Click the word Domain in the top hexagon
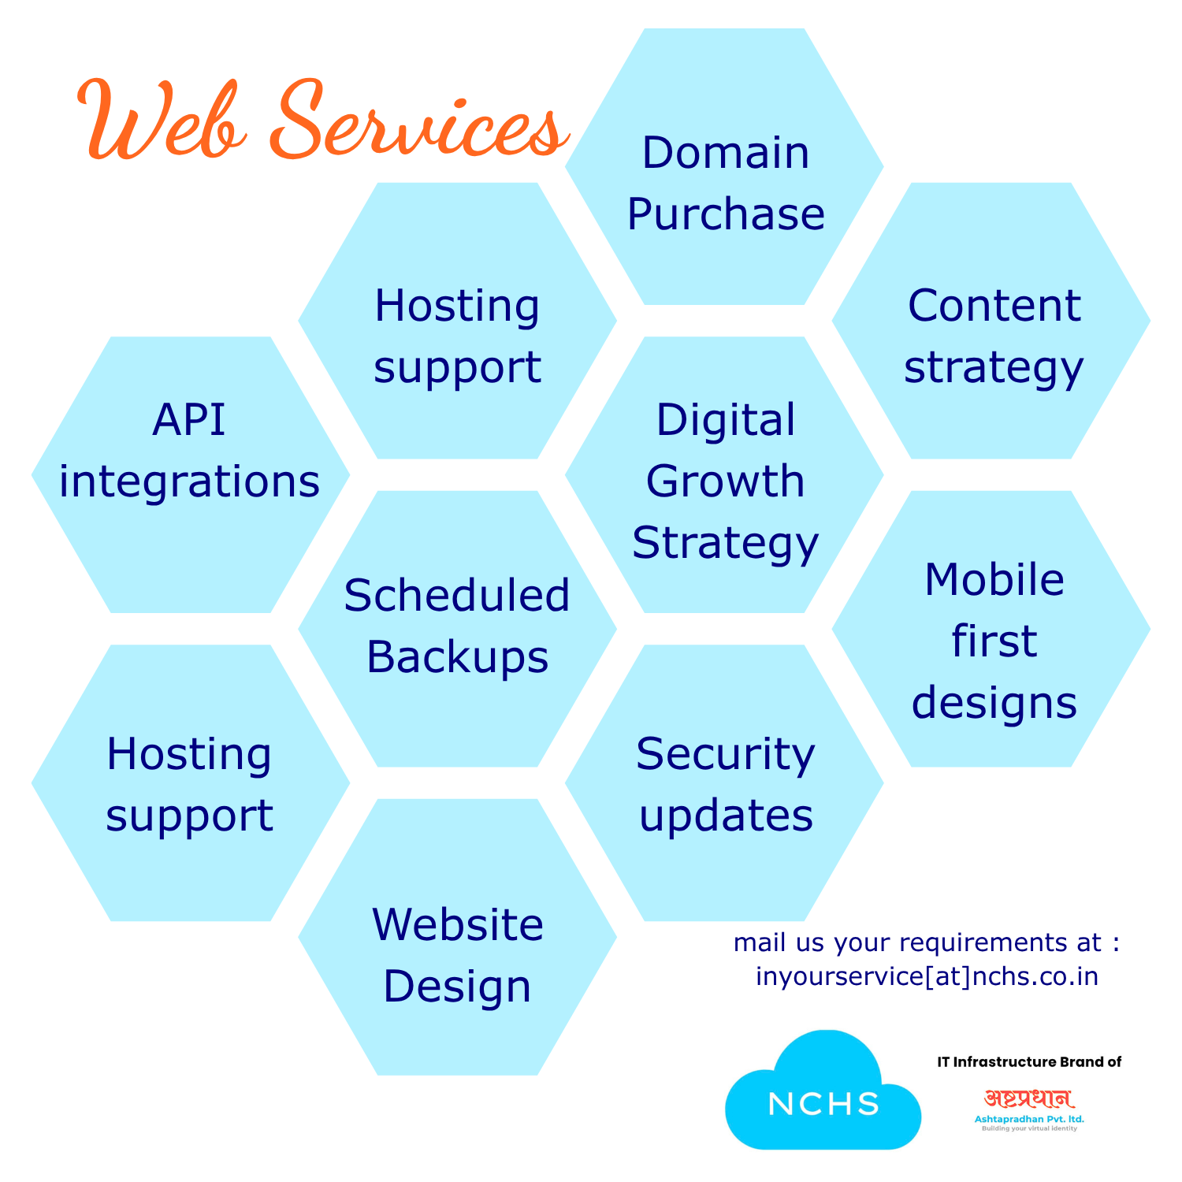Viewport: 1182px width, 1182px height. point(726,153)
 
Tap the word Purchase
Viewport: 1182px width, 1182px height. point(726,214)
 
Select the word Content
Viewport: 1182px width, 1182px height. point(994,306)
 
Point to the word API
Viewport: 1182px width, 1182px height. point(189,419)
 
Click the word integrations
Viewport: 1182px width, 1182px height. point(189,481)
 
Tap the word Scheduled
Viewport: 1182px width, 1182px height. point(457,595)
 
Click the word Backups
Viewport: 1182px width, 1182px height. point(457,657)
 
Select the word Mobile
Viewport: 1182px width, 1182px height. point(994,580)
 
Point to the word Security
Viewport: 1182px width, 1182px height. point(726,754)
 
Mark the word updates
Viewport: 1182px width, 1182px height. point(726,816)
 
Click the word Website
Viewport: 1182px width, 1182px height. point(457,924)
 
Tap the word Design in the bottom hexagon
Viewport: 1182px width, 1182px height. point(457,987)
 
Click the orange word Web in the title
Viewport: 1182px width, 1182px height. point(162,122)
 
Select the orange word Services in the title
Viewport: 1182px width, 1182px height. point(418,122)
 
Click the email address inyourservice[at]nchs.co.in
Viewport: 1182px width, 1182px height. point(927,976)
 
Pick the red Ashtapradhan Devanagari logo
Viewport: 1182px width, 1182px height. point(1029,1099)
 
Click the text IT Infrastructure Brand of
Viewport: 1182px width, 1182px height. point(1029,1062)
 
